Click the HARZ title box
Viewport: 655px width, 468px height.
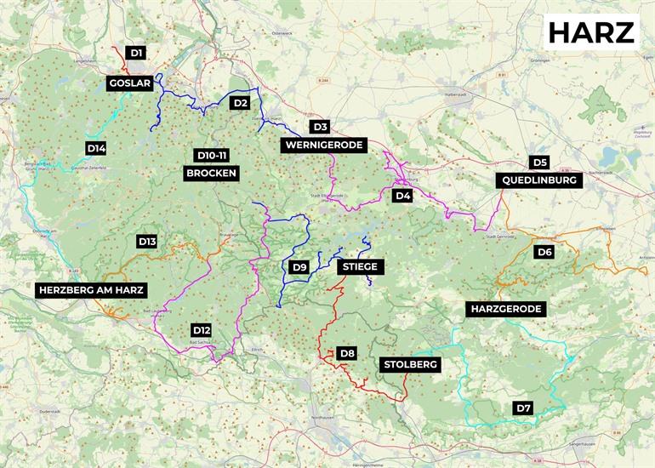(591, 32)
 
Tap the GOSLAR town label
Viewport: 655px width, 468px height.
(130, 83)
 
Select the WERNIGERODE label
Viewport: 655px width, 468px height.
(323, 146)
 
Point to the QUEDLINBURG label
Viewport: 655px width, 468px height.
(539, 180)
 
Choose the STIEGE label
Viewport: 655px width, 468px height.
(361, 267)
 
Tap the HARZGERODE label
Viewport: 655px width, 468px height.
(505, 309)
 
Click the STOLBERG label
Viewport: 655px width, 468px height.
(410, 365)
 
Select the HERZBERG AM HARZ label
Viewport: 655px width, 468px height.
(92, 290)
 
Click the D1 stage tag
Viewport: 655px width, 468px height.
(136, 53)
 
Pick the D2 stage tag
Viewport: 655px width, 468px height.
(240, 103)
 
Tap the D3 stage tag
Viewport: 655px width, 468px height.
(320, 127)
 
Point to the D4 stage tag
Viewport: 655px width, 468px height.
(402, 196)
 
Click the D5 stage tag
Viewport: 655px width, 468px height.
(539, 162)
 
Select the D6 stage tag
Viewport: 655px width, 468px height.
(544, 252)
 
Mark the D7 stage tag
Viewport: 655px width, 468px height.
(524, 408)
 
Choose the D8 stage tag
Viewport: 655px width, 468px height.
(346, 353)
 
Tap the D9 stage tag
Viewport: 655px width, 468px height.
(299, 267)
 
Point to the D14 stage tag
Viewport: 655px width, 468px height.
(96, 148)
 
